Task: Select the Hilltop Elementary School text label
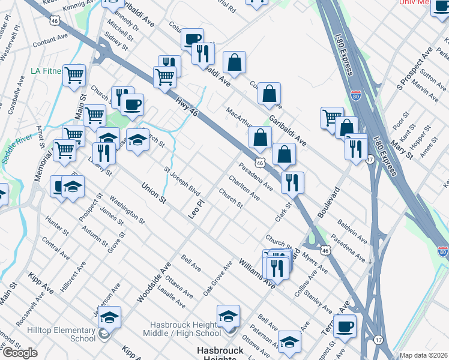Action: click(x=61, y=334)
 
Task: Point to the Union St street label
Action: click(x=152, y=193)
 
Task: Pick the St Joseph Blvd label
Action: click(x=182, y=182)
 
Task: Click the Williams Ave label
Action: click(x=256, y=273)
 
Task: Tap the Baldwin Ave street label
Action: click(x=353, y=230)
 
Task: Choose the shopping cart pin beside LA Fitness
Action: click(x=74, y=76)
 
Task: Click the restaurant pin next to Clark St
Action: click(x=292, y=182)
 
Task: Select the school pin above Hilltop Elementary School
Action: click(x=109, y=317)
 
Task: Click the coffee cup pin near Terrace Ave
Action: click(x=345, y=326)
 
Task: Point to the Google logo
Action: click(x=20, y=353)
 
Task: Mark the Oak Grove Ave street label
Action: click(x=217, y=278)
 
